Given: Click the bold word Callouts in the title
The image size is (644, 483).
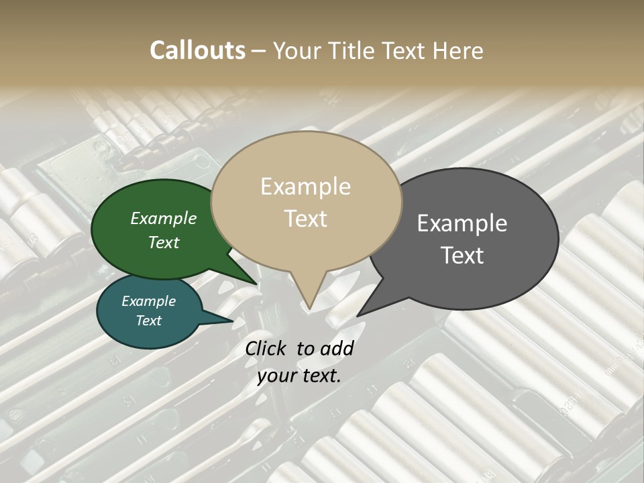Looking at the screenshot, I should click(197, 50).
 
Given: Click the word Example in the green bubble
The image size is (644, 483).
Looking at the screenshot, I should click(163, 219).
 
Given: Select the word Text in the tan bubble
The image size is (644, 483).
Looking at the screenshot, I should click(305, 219).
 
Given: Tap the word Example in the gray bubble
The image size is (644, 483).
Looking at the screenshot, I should click(462, 223).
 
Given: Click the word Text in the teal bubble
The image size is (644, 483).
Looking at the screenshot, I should click(148, 321).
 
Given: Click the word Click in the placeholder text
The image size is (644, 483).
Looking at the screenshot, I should click(266, 349).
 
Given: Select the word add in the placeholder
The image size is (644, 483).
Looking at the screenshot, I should click(337, 349).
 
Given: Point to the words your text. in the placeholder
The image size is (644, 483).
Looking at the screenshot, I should click(299, 376).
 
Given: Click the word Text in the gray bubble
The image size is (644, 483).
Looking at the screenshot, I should click(462, 256).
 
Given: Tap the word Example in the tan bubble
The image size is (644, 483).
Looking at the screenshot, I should click(305, 186).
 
